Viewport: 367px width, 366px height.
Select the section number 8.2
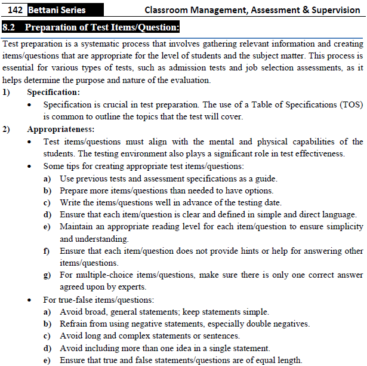(10, 27)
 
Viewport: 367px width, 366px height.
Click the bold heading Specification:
(54, 93)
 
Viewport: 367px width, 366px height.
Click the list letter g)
(47, 275)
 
